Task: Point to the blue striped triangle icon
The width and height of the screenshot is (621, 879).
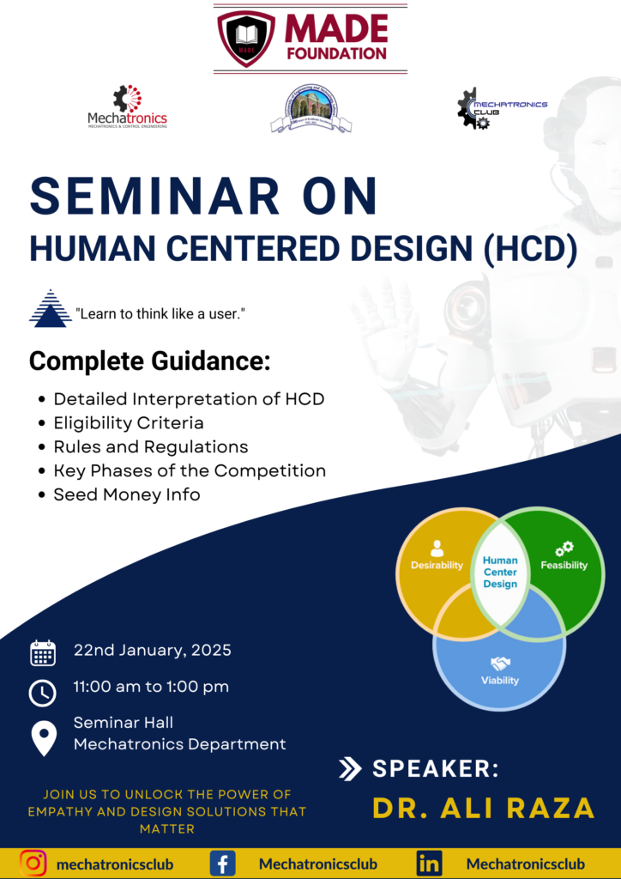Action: [50, 309]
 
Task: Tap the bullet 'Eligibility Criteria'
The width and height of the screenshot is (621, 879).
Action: [129, 422]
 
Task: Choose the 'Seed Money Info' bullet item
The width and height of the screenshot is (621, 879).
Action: [127, 494]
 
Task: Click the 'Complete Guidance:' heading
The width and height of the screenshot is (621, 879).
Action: [149, 361]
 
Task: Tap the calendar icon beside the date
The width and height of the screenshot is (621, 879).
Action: [43, 653]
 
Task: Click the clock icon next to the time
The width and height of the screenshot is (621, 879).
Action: [43, 692]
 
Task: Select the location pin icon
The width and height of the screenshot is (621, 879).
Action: [43, 737]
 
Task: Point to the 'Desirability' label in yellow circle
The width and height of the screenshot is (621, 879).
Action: [437, 565]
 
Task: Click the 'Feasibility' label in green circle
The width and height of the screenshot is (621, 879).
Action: [564, 565]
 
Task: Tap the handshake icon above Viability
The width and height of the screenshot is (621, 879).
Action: [500, 664]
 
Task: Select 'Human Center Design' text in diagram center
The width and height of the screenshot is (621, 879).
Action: [500, 572]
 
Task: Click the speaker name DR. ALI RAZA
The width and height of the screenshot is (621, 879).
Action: [483, 808]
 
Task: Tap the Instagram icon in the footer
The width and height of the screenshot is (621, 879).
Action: [33, 862]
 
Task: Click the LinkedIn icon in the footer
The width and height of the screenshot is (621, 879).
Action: [429, 862]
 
